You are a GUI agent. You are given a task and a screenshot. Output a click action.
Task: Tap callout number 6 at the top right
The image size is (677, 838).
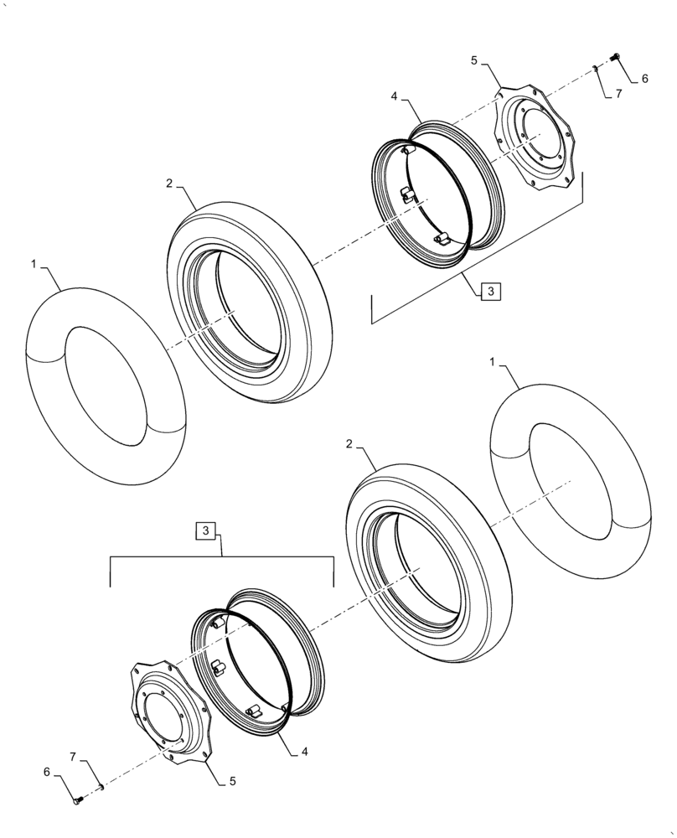coord(644,79)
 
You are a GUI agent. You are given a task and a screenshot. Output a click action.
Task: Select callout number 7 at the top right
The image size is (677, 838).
coord(618,94)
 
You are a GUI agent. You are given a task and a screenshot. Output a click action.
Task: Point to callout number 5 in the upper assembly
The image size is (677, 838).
coord(474,60)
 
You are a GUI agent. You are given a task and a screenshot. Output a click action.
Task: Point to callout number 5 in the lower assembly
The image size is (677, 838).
coord(232,780)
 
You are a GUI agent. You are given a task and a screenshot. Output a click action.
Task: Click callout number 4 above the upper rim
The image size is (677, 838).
coord(393,97)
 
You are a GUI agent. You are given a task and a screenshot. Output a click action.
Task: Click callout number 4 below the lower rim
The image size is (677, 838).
coord(304,753)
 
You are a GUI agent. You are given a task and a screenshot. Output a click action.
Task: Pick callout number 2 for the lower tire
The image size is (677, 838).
coord(348,443)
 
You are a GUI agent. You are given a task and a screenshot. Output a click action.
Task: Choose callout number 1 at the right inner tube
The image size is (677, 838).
coord(492,361)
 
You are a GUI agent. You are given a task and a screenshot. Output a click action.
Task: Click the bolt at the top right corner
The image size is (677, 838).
coord(617,56)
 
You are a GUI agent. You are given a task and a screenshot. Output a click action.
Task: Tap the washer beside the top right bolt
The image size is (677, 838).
coord(595,69)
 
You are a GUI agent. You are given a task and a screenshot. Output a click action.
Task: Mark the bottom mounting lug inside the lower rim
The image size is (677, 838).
coord(255,709)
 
